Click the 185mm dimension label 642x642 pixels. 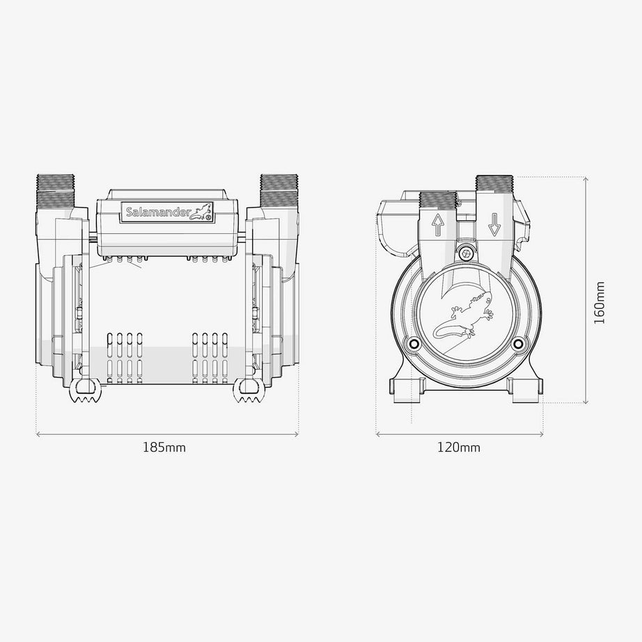coord(164,447)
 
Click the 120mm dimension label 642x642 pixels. coord(459,447)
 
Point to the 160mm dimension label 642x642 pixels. coord(599,303)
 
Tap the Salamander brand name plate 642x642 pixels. coord(167,212)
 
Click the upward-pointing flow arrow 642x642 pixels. coord(438,225)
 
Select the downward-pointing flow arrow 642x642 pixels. coord(494,225)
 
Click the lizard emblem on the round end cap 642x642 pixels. coord(464,315)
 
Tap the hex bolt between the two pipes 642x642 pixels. coord(466,253)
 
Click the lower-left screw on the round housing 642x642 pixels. coord(413,343)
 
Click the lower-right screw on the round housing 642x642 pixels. coord(518,343)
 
